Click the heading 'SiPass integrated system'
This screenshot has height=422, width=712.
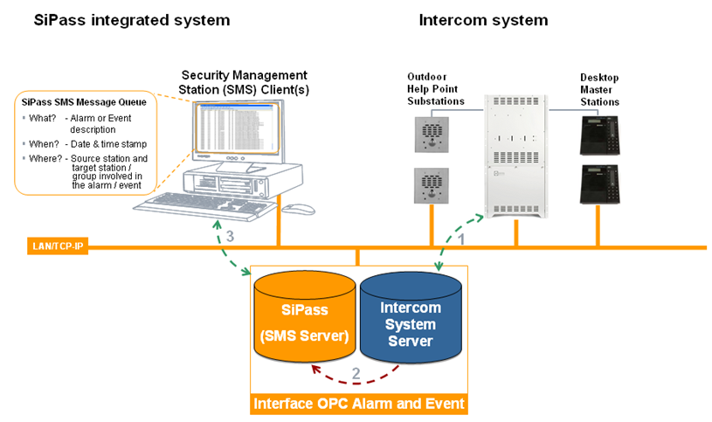coord(132,20)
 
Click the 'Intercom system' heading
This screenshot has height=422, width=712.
coord(483,20)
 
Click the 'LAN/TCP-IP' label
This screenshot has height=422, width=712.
coord(55,248)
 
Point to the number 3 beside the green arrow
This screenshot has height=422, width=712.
coord(230,237)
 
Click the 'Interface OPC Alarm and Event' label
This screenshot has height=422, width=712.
coord(358,404)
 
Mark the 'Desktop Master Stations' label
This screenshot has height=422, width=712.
coord(599,90)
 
